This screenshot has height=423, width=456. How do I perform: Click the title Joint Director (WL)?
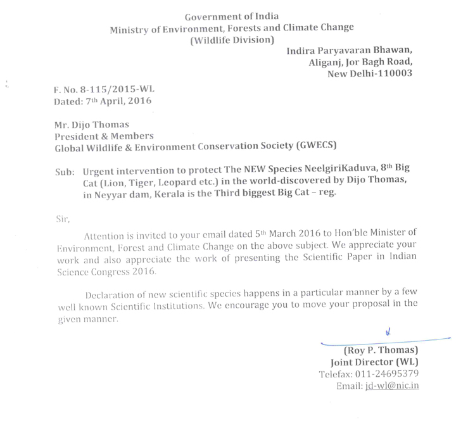point(376,362)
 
